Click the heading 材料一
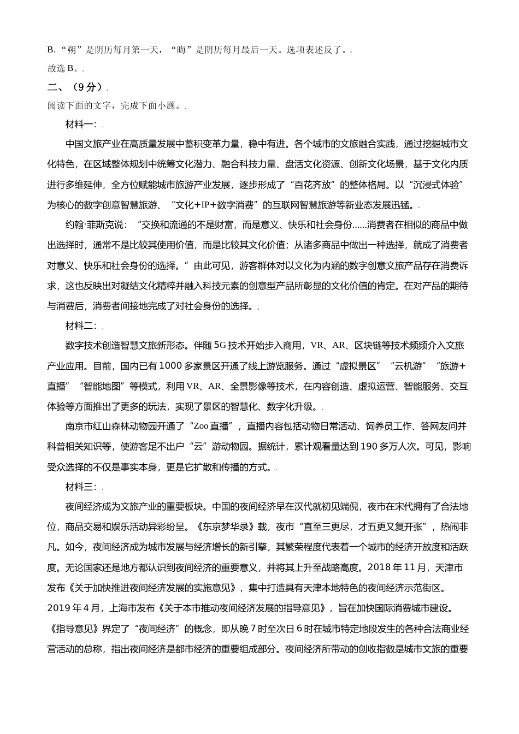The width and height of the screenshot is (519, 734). click(80, 124)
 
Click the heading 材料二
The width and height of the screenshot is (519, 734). click(80, 326)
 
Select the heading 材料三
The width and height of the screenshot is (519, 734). click(80, 487)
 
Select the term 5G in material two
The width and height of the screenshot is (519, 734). click(219, 346)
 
